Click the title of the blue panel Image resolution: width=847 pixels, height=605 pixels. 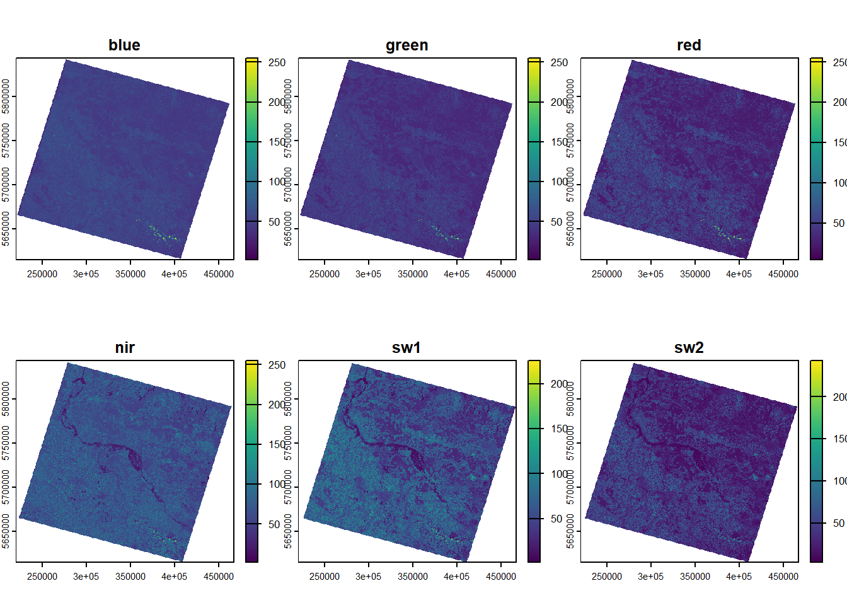pyautogui.click(x=124, y=45)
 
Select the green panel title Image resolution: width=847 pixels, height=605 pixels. pyautogui.click(x=406, y=45)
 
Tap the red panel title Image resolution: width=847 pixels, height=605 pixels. pyautogui.click(x=689, y=45)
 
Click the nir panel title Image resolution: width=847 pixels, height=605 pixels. pyautogui.click(x=125, y=348)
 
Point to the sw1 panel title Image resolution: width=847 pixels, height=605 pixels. pyautogui.click(x=406, y=348)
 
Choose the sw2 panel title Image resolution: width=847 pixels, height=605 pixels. pyautogui.click(x=689, y=348)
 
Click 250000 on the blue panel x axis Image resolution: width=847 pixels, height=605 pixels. pyautogui.click(x=42, y=274)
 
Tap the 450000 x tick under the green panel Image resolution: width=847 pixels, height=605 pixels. pyautogui.click(x=501, y=274)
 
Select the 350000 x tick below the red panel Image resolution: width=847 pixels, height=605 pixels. pyautogui.click(x=695, y=274)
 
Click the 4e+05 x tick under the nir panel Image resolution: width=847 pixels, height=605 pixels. pyautogui.click(x=174, y=577)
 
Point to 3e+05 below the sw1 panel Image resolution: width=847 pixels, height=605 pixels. pyautogui.click(x=368, y=577)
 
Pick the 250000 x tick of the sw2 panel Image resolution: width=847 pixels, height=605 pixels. pyautogui.click(x=607, y=577)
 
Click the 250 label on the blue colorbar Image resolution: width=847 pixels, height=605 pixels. pyautogui.click(x=277, y=62)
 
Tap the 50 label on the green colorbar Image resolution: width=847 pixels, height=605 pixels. pyautogui.click(x=556, y=222)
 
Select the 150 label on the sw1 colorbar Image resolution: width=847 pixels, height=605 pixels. pyautogui.click(x=559, y=429)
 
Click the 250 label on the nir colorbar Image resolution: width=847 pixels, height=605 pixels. pyautogui.click(x=277, y=365)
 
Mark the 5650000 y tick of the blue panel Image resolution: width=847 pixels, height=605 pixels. pyautogui.click(x=6, y=229)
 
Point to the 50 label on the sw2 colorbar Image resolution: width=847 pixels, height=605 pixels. pyautogui.click(x=839, y=523)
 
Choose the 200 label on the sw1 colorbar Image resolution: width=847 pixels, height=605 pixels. pyautogui.click(x=559, y=384)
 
